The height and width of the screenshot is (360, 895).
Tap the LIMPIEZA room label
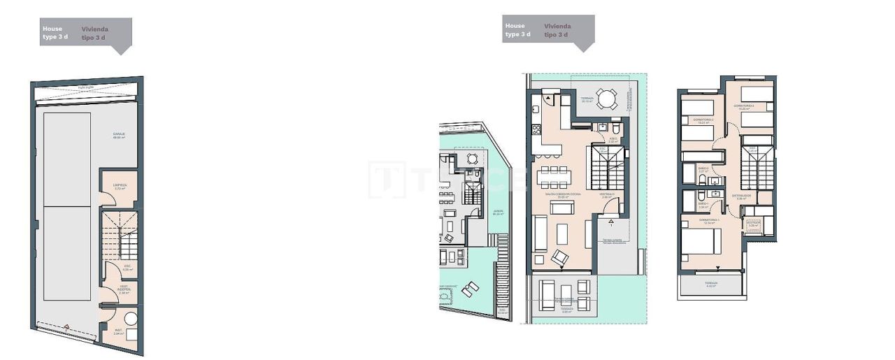pyautogui.click(x=120, y=186)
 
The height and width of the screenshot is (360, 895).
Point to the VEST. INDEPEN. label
pyautogui.click(x=124, y=290)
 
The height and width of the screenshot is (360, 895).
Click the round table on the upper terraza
pyautogui.click(x=606, y=100)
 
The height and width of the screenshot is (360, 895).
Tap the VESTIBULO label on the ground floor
pyautogui.click(x=607, y=195)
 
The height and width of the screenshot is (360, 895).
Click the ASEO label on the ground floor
pyautogui.click(x=612, y=139)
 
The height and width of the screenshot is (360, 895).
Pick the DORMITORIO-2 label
pyautogui.click(x=703, y=120)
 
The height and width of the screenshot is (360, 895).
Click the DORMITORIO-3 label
pyautogui.click(x=743, y=106)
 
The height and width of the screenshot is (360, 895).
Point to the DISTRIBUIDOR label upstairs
pyautogui.click(x=742, y=196)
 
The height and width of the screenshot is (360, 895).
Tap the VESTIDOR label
pyautogui.click(x=753, y=224)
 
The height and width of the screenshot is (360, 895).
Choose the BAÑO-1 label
pyautogui.click(x=703, y=205)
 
